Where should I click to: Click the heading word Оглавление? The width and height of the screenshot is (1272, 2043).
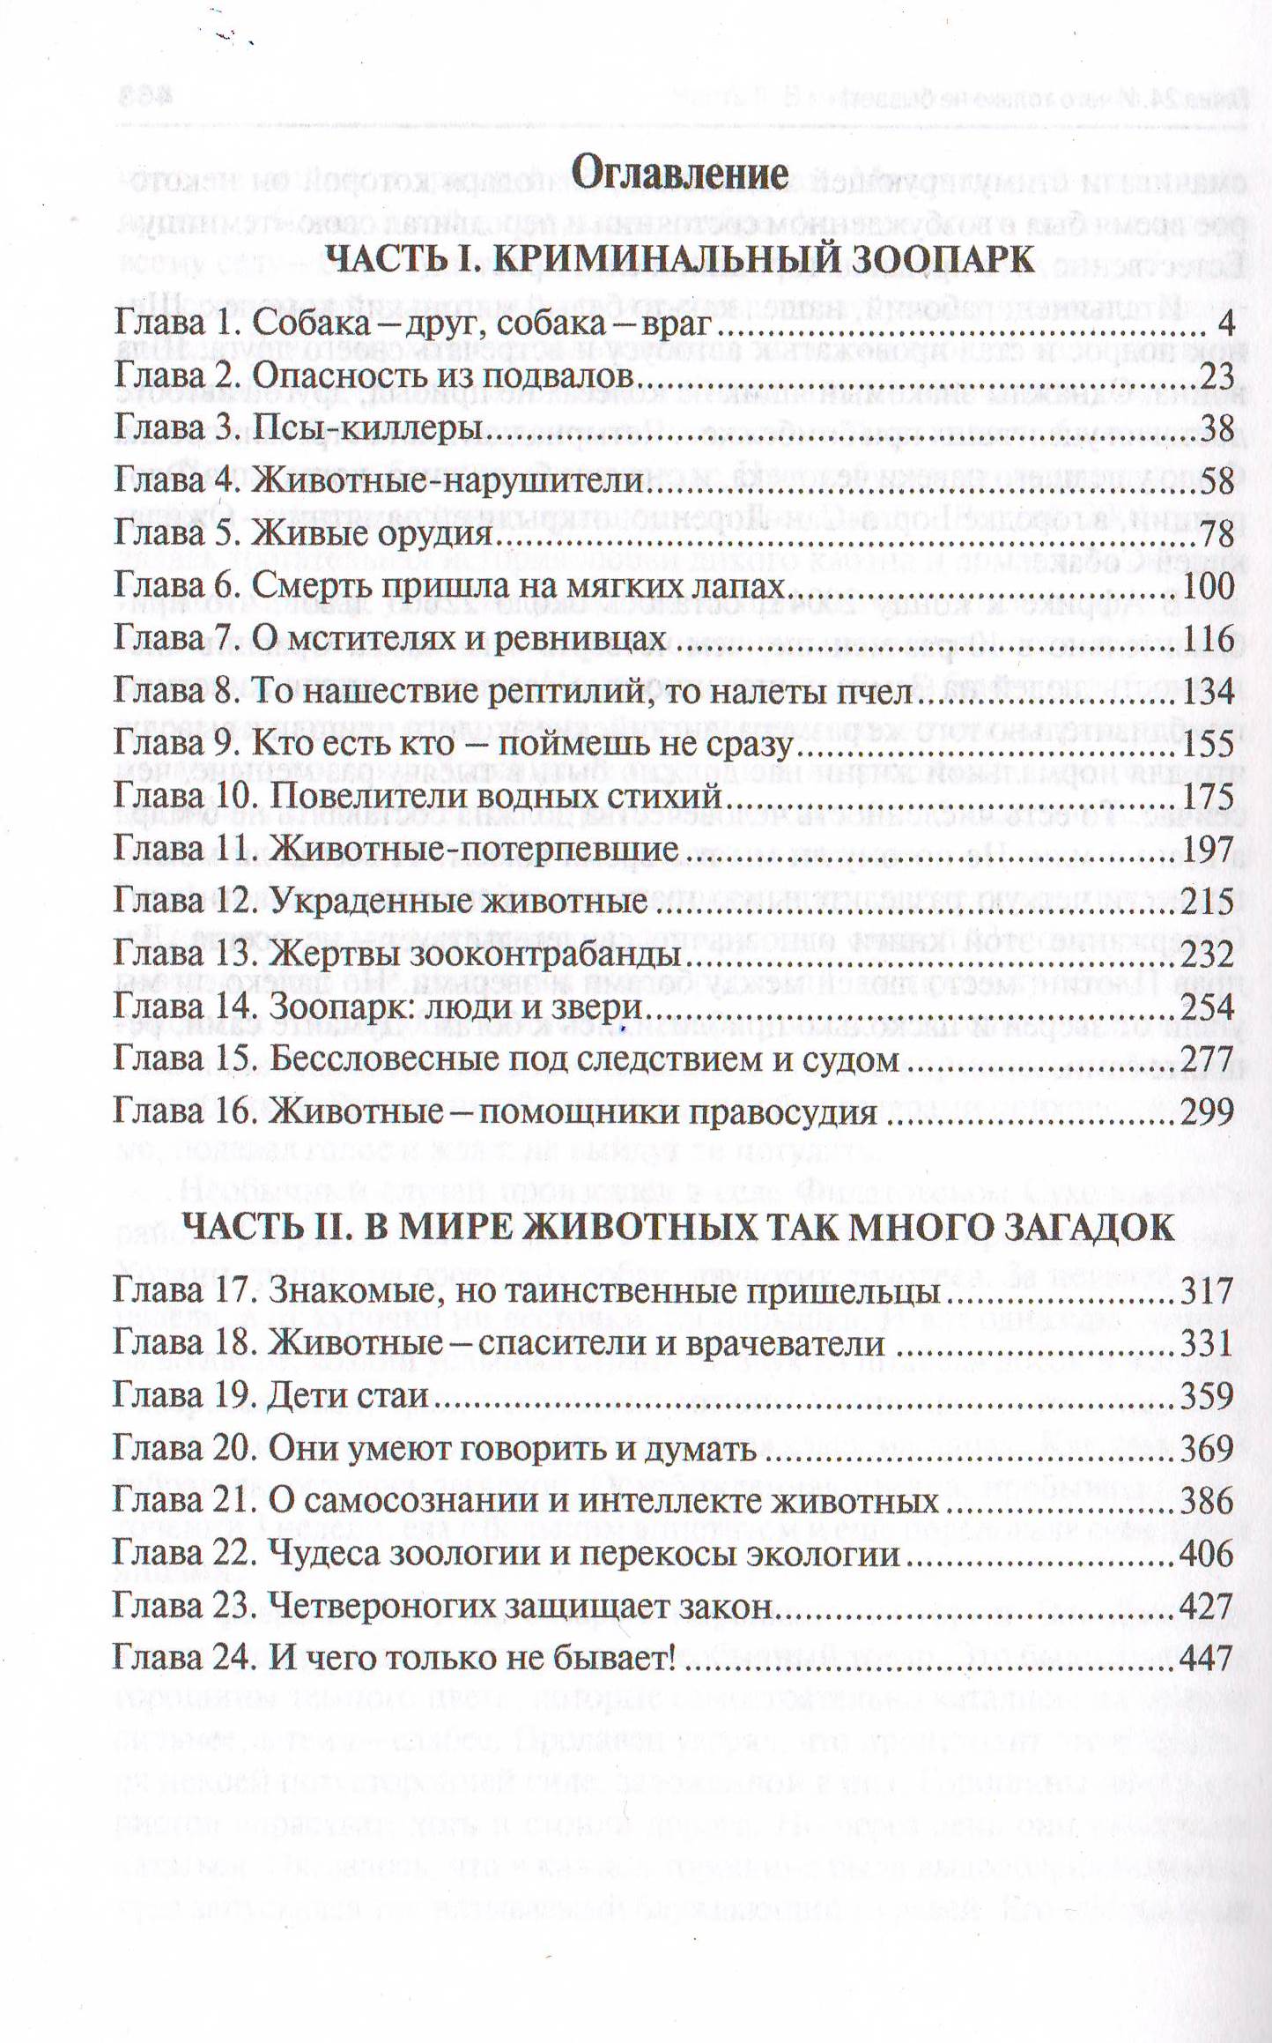click(679, 173)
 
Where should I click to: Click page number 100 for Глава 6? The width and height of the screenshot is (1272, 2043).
click(1208, 587)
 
